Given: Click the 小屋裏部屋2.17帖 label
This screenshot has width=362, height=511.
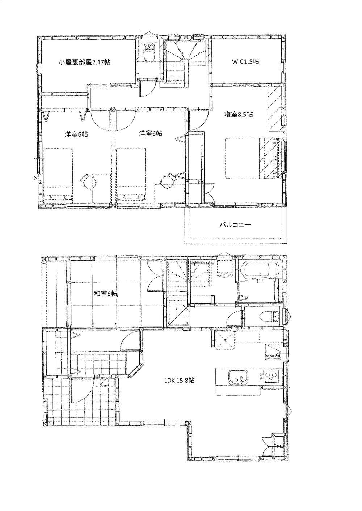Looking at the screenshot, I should click(x=85, y=62).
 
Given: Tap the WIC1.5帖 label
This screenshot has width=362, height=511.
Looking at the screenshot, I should click(x=245, y=61).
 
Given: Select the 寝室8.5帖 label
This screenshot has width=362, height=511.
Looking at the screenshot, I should click(x=238, y=114).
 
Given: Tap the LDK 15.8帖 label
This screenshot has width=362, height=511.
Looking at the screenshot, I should click(x=180, y=380).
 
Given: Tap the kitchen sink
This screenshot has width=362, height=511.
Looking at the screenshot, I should click(x=237, y=378).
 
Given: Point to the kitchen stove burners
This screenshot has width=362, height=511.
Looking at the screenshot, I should click(x=270, y=377).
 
